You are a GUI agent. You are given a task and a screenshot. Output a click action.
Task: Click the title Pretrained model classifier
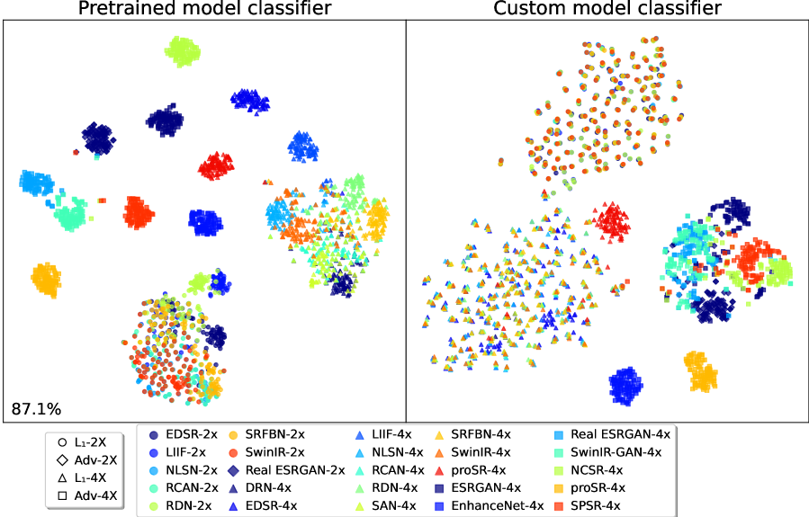point(204,9)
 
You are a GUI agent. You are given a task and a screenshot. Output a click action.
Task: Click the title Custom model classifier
point(607,9)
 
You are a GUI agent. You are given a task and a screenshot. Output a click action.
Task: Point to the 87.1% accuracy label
point(36,409)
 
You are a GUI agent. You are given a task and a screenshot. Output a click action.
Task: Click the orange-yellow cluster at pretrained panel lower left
point(45,280)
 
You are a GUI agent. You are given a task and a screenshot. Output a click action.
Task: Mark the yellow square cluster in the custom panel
point(699,370)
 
